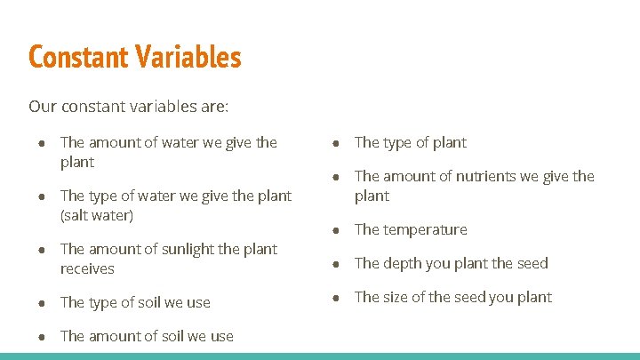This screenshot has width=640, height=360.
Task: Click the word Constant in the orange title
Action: click(x=79, y=58)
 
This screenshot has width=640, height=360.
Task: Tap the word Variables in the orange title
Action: click(x=188, y=58)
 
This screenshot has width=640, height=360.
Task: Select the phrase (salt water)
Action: click(x=97, y=215)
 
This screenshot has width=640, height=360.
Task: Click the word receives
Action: click(x=87, y=268)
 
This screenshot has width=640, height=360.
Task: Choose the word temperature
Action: click(x=425, y=229)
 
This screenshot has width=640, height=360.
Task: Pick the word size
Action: click(x=397, y=297)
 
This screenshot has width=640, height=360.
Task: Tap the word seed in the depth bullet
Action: click(x=532, y=263)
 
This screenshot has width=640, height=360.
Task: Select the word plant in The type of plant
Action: click(x=448, y=142)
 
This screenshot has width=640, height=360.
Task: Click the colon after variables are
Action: click(x=227, y=108)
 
